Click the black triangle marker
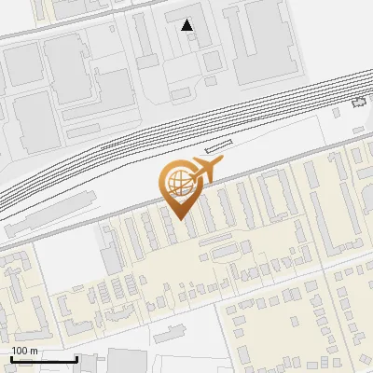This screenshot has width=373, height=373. click(x=188, y=25)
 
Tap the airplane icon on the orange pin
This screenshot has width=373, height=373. click(x=206, y=169)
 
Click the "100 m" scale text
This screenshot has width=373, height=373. click(x=24, y=351)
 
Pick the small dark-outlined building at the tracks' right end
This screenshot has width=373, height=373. click(x=359, y=104)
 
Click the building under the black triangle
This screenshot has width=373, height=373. click(x=191, y=42)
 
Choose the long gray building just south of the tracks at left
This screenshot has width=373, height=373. click(x=47, y=213)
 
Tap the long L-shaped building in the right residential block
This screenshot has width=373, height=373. click(x=276, y=191)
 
